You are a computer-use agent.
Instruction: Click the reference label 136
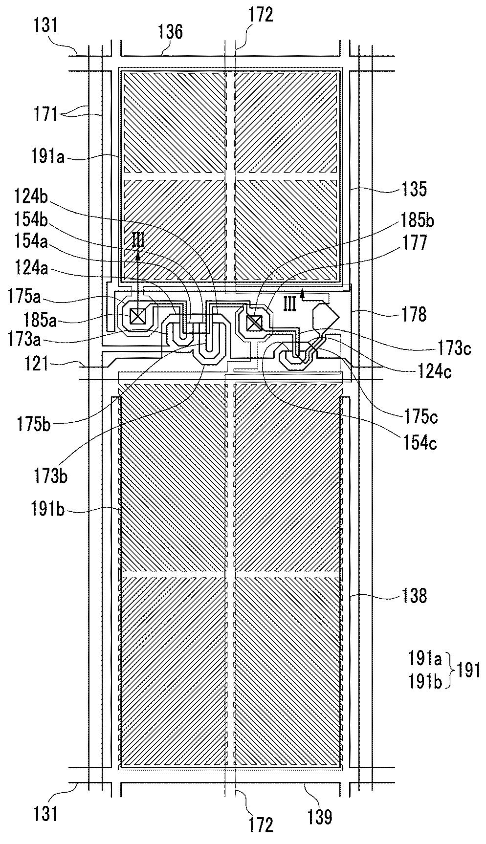pos(171,32)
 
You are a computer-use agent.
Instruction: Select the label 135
pos(414,189)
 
